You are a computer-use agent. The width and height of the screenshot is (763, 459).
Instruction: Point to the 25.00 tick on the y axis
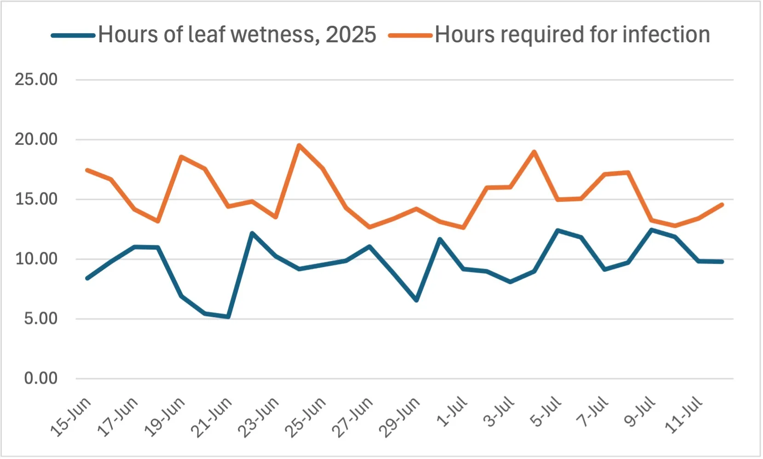pyautogui.click(x=36, y=79)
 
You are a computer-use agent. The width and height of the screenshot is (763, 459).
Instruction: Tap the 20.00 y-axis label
pyautogui.click(x=36, y=139)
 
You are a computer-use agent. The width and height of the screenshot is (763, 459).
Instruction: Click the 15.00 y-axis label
pyautogui.click(x=36, y=199)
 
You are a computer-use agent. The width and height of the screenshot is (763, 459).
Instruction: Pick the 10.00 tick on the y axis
pyautogui.click(x=36, y=259)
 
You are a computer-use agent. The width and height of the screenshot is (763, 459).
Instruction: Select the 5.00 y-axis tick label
pyautogui.click(x=40, y=318)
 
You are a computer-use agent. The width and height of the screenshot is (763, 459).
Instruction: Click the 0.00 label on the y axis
pyautogui.click(x=40, y=379)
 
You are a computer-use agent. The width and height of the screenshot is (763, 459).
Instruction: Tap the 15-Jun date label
pyautogui.click(x=71, y=417)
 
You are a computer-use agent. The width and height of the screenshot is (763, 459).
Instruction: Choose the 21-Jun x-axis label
pyautogui.click(x=212, y=417)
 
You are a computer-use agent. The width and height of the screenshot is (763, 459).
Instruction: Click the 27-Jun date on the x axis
pyautogui.click(x=352, y=417)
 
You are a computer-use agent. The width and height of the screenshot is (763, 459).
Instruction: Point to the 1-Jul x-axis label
pyautogui.click(x=452, y=412)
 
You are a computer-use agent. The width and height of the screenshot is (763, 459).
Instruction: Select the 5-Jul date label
pyautogui.click(x=546, y=412)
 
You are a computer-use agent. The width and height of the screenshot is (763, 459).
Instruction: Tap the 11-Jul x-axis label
pyautogui.click(x=684, y=414)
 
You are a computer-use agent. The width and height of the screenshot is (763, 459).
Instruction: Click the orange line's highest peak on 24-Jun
pyautogui.click(x=299, y=145)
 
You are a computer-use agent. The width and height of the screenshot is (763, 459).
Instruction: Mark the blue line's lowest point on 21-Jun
pyautogui.click(x=229, y=317)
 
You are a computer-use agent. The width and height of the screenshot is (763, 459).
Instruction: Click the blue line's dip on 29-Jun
pyautogui.click(x=416, y=300)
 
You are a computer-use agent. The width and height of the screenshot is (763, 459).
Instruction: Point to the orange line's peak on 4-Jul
pyautogui.click(x=534, y=152)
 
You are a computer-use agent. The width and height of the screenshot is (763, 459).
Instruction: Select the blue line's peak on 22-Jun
pyautogui.click(x=252, y=233)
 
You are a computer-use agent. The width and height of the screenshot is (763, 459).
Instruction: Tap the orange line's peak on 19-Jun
pyautogui.click(x=181, y=157)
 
